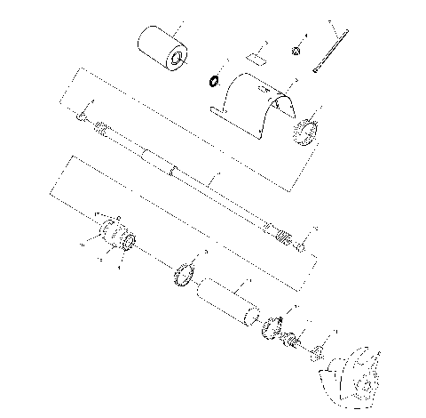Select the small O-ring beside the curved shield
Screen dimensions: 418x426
214,82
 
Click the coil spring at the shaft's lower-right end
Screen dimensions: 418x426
283,238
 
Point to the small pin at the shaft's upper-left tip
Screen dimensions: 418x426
82,115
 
